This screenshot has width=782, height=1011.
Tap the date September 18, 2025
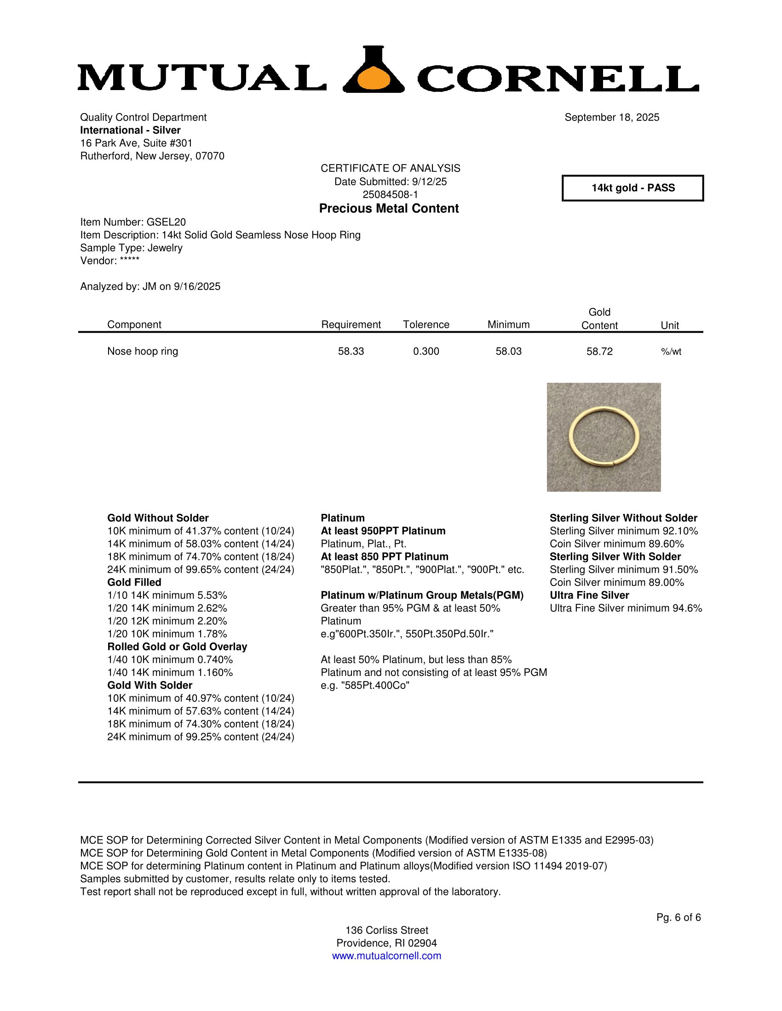tap(611, 118)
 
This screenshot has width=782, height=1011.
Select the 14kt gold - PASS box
tap(632, 188)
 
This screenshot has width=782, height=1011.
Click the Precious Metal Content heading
tap(389, 209)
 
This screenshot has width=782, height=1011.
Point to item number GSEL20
tap(133, 222)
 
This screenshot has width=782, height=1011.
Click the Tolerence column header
tap(426, 324)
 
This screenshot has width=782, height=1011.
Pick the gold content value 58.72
tap(599, 352)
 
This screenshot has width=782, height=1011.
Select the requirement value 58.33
tap(351, 352)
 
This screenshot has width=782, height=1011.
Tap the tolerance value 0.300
tap(426, 352)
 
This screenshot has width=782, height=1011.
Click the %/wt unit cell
tap(671, 352)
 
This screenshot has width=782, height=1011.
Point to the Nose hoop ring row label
tap(143, 352)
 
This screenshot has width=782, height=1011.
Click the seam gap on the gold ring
tap(613, 462)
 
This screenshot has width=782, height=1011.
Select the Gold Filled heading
tap(134, 582)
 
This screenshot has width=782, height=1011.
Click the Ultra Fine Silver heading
tap(589, 595)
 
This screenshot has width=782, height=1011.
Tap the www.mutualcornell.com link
tap(386, 956)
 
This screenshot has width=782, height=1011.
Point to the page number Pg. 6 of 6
tap(678, 918)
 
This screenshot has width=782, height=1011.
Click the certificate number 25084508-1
tap(390, 194)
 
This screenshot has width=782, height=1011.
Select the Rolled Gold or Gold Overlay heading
tap(177, 647)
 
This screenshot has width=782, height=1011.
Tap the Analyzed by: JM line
tap(150, 287)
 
